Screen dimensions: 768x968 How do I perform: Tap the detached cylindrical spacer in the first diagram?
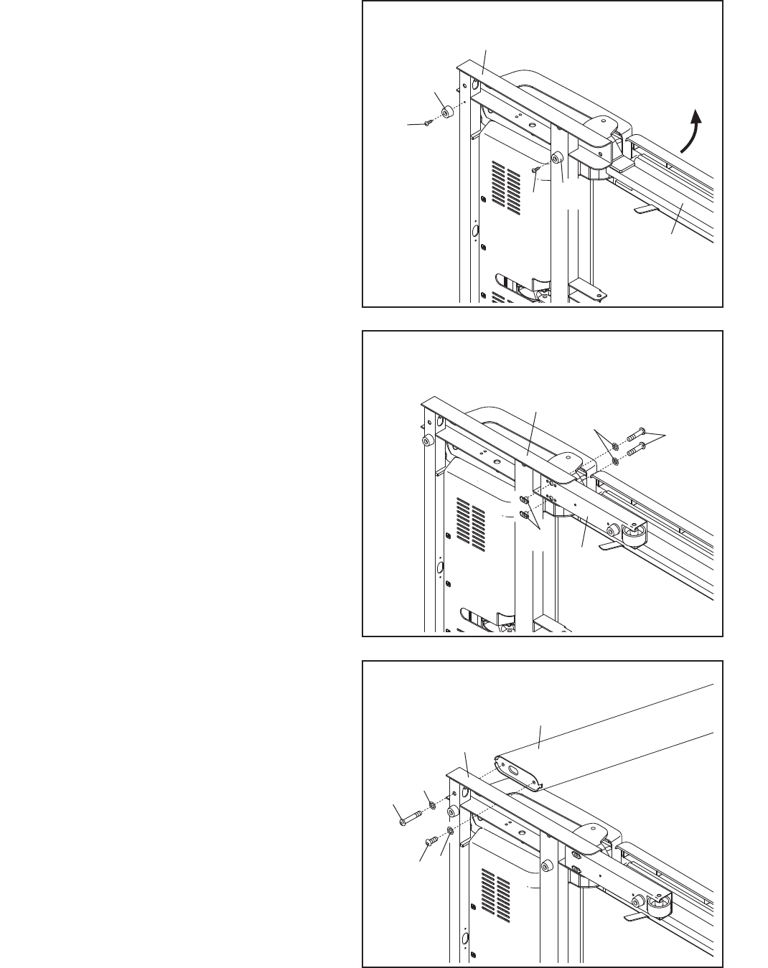(447, 112)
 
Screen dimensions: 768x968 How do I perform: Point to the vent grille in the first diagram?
(507, 184)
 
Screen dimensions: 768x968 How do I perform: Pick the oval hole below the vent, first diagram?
(474, 231)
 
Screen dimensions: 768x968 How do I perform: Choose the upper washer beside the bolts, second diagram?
(615, 446)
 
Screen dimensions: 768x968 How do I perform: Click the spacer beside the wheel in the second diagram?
(612, 530)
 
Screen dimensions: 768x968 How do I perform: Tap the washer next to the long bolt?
(433, 805)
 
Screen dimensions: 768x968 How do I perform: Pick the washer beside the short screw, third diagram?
(449, 830)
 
